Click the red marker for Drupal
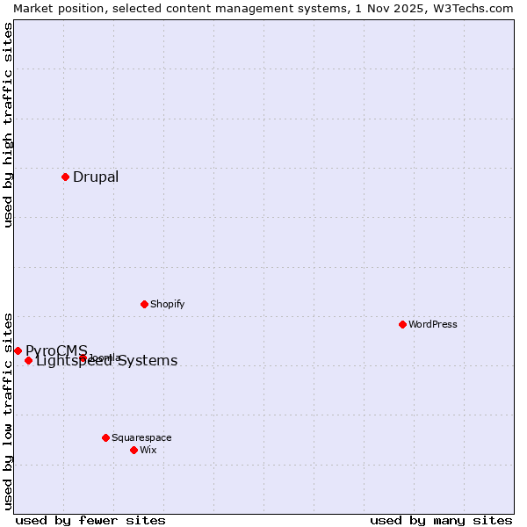[65, 177]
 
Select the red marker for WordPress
[402, 324]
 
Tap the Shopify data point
[144, 304]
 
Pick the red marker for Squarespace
[105, 437]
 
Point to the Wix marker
[134, 450]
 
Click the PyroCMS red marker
[18, 350]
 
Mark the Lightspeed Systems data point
[28, 360]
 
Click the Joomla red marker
[83, 357]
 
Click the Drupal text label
[96, 177]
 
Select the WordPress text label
[433, 324]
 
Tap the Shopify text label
[167, 304]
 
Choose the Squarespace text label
[141, 437]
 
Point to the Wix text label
[148, 450]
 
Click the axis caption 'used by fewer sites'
[90, 520]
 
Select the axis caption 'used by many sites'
[441, 520]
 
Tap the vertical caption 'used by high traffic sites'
[8, 125]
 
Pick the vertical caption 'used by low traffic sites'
[8, 410]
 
